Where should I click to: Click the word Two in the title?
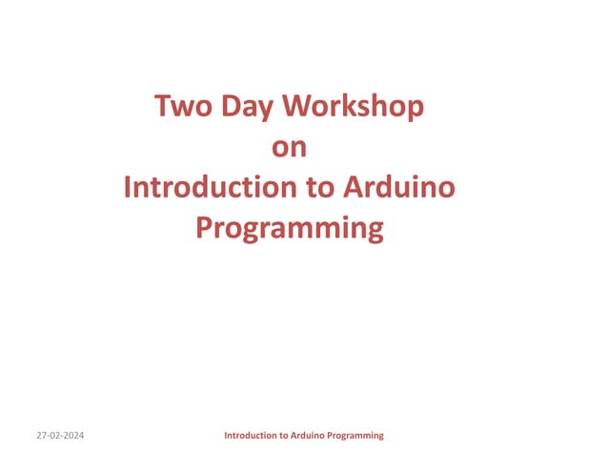[x=182, y=107]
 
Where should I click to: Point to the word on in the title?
[x=290, y=148]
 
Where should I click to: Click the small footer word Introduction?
[x=252, y=435]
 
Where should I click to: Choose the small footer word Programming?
[x=356, y=435]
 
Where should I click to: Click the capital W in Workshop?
[x=297, y=107]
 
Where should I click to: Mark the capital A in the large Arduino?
[x=354, y=188]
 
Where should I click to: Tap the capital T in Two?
[x=163, y=107]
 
